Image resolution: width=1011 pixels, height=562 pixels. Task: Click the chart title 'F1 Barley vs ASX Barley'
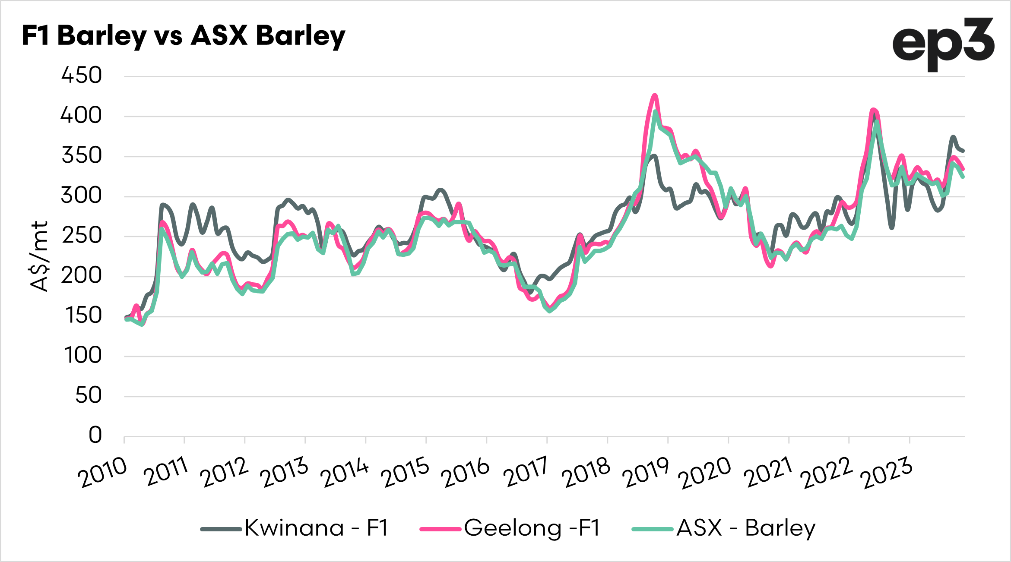[183, 35]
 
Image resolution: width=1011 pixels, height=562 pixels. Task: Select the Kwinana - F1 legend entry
[295, 528]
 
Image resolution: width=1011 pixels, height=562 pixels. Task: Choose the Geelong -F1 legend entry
[510, 528]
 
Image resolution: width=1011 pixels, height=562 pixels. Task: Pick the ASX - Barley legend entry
[723, 528]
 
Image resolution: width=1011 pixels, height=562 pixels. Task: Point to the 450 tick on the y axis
[81, 76]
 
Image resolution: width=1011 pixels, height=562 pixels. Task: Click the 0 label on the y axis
[95, 435]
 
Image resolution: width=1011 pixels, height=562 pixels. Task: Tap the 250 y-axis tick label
[81, 236]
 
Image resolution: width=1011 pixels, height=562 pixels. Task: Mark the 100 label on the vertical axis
[82, 356]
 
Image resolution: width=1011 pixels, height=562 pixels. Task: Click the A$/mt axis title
[40, 256]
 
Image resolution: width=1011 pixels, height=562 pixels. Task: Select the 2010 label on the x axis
[103, 472]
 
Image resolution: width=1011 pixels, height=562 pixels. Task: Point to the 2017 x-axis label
[526, 472]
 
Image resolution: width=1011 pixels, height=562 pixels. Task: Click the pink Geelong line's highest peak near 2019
[655, 95]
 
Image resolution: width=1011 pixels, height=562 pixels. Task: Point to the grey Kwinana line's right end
[963, 151]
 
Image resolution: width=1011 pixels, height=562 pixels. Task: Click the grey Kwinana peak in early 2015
[440, 189]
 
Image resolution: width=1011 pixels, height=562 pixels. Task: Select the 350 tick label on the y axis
[81, 156]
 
